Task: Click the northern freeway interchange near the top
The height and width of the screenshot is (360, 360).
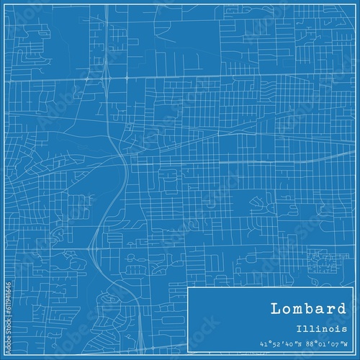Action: pos(107,74)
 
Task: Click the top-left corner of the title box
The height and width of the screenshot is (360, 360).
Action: pos(188,287)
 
